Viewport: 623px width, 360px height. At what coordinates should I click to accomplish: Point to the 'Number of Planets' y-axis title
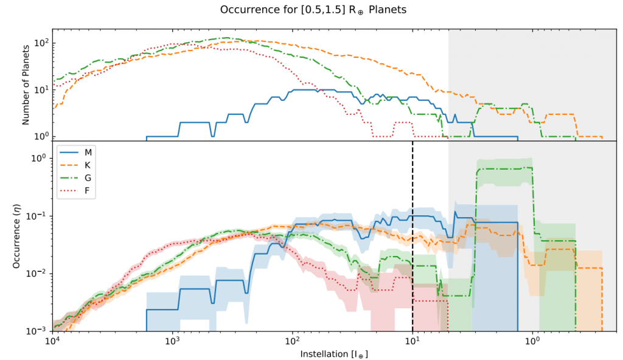[26, 86]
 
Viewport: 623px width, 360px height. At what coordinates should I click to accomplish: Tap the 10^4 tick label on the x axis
[53, 341]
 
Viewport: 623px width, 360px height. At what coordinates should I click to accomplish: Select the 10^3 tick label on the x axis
[173, 341]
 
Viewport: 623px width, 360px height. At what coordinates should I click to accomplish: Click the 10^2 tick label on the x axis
[293, 341]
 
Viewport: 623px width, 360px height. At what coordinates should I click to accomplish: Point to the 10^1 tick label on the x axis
[412, 341]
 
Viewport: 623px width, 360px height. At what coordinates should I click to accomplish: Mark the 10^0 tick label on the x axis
[532, 341]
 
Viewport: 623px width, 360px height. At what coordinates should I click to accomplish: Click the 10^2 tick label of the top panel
[41, 44]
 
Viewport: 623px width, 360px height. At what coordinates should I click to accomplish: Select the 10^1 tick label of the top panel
[41, 90]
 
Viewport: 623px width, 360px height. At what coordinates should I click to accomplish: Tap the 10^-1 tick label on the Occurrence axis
[40, 216]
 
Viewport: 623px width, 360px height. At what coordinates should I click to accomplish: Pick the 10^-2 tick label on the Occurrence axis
[40, 274]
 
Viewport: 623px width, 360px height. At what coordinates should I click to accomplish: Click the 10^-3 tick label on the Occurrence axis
[40, 331]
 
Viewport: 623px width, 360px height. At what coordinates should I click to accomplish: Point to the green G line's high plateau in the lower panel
[505, 168]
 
